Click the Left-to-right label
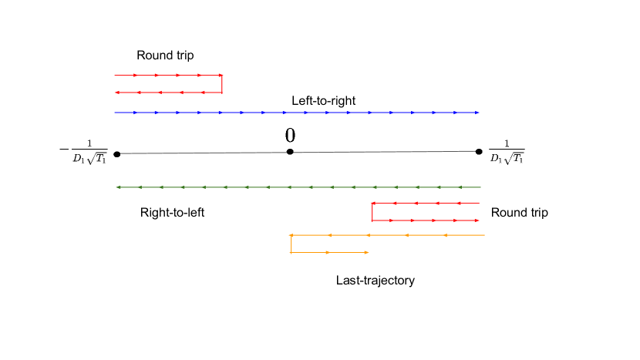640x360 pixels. (x=323, y=101)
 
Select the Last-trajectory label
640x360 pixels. (x=376, y=281)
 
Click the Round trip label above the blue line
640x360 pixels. (x=165, y=56)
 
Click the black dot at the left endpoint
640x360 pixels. (x=116, y=153)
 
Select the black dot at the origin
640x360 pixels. (x=290, y=152)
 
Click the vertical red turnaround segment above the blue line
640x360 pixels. (x=222, y=84)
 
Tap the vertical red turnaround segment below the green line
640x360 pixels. (x=372, y=212)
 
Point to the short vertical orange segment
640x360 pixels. (x=291, y=244)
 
